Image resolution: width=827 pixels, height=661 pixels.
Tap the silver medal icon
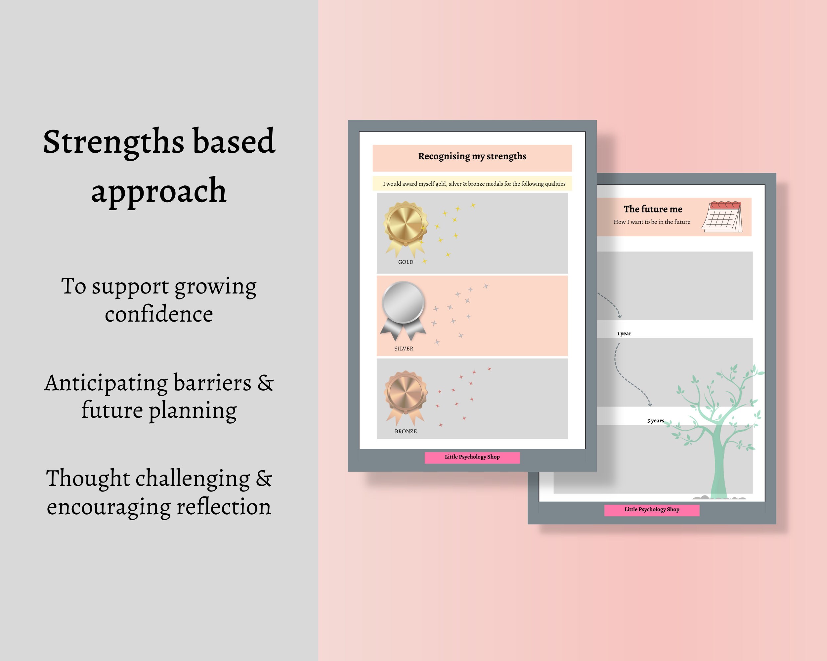[403, 303]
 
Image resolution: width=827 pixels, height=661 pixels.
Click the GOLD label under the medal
[406, 262]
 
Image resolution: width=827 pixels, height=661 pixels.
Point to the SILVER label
[404, 349]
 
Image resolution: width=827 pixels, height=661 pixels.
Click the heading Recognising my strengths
[472, 156]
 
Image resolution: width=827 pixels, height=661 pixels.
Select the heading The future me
[653, 209]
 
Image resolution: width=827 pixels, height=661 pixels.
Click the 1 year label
[624, 334]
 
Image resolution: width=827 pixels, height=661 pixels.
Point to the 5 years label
[656, 421]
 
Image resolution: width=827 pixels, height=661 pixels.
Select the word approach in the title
[159, 191]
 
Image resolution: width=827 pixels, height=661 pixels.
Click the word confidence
[159, 315]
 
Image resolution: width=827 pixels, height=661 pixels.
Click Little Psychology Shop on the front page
[472, 457]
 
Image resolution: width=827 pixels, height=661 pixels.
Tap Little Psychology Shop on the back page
[652, 509]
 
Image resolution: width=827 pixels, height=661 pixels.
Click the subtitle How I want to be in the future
[652, 222]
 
